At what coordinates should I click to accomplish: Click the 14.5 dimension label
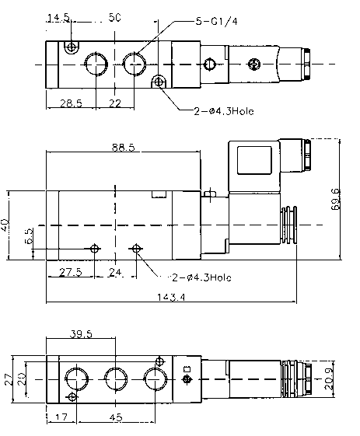point(58,17)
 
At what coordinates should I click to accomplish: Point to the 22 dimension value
point(114,103)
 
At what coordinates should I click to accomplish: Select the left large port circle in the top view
point(96,63)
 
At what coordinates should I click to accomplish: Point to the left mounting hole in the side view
point(95,249)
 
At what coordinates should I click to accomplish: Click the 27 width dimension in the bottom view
point(8,378)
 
